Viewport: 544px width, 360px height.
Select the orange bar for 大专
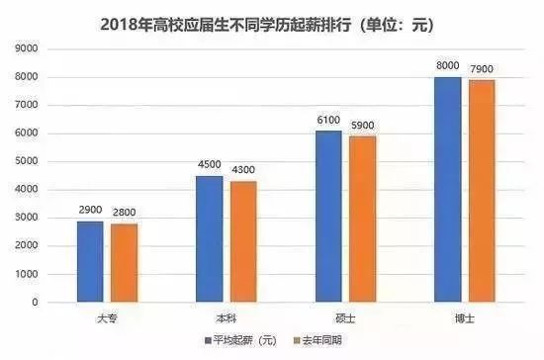pyautogui.click(x=125, y=263)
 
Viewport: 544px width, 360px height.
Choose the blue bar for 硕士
pyautogui.click(x=328, y=216)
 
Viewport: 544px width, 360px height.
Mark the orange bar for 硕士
pyautogui.click(x=362, y=219)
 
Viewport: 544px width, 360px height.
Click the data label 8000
pyautogui.click(x=448, y=65)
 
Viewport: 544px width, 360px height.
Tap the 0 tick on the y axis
pyautogui.click(x=33, y=302)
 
